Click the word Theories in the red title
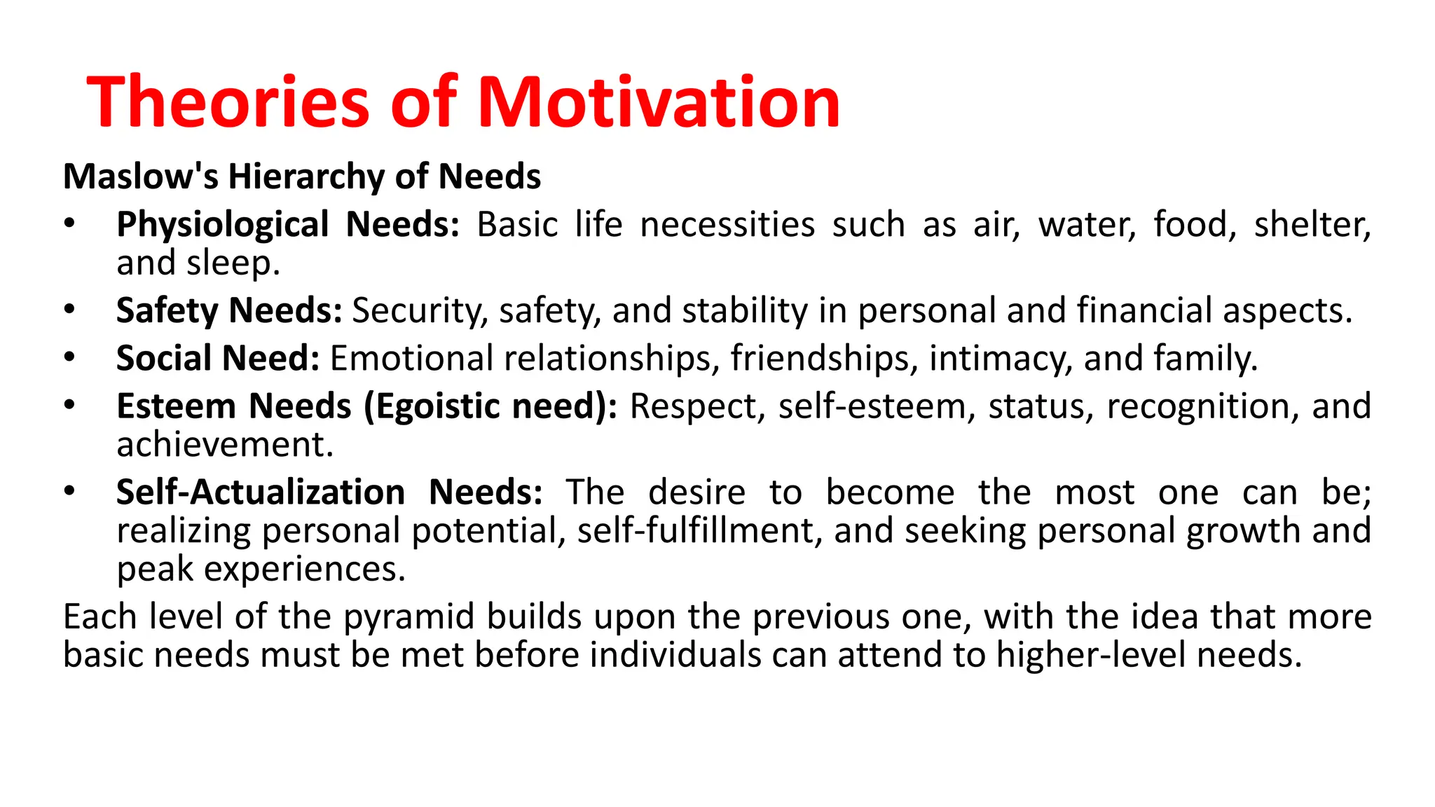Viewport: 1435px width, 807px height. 228,102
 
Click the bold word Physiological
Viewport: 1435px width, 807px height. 223,226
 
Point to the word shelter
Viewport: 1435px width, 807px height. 1312,226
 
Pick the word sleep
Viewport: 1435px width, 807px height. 233,264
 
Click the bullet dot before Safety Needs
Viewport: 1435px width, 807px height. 69,309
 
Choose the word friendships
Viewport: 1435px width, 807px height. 824,359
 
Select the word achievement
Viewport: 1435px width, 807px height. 225,445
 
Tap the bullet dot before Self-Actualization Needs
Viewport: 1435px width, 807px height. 69,491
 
